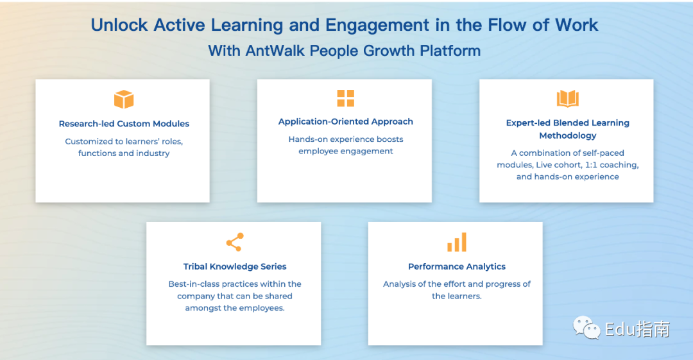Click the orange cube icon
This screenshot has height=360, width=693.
[124, 99]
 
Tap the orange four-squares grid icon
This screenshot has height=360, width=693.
[346, 98]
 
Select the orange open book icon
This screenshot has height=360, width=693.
[567, 99]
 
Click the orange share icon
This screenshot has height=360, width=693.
[235, 242]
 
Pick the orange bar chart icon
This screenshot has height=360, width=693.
[457, 242]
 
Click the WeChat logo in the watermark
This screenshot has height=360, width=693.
[586, 328]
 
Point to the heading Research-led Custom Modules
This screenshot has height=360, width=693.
[124, 124]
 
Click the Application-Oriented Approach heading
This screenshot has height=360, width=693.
[346, 122]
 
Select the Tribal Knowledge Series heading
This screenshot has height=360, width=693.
[235, 267]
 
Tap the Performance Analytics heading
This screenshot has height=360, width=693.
[457, 267]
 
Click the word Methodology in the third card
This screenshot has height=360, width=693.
[567, 136]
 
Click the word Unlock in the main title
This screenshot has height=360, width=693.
[119, 25]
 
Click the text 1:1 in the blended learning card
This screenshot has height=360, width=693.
[592, 165]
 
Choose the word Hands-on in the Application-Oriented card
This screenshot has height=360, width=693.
[307, 139]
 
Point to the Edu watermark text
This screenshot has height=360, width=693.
[620, 329]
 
